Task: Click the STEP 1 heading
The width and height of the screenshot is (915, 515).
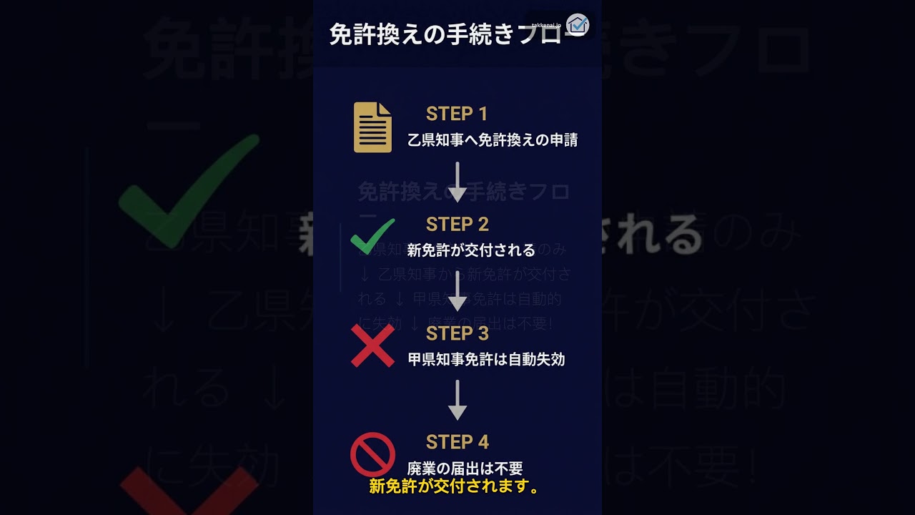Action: click(x=457, y=114)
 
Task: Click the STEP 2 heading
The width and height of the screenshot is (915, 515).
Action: click(x=457, y=224)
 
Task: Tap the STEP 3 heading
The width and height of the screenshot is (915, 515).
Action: click(x=457, y=333)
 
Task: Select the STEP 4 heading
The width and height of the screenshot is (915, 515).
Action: click(x=457, y=442)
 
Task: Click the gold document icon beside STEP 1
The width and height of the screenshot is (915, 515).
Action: click(x=372, y=127)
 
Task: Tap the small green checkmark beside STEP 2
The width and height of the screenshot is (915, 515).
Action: click(x=372, y=236)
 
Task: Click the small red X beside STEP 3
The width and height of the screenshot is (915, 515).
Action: click(x=372, y=345)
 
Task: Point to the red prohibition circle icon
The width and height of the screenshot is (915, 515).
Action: click(x=372, y=454)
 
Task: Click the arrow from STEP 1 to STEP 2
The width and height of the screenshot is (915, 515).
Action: click(x=457, y=182)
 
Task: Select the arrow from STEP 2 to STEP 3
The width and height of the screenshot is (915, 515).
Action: click(x=457, y=291)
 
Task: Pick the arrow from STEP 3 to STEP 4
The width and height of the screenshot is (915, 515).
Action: click(x=457, y=400)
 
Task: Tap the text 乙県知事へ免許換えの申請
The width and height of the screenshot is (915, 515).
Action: click(x=493, y=140)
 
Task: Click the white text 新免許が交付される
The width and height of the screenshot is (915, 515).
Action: click(x=471, y=250)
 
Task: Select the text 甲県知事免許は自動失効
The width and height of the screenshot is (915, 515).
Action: click(x=486, y=359)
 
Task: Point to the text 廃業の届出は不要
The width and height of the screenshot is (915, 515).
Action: click(x=465, y=469)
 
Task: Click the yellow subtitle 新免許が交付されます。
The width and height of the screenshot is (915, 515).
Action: click(x=454, y=487)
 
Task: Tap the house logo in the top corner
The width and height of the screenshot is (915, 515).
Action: click(x=577, y=24)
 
